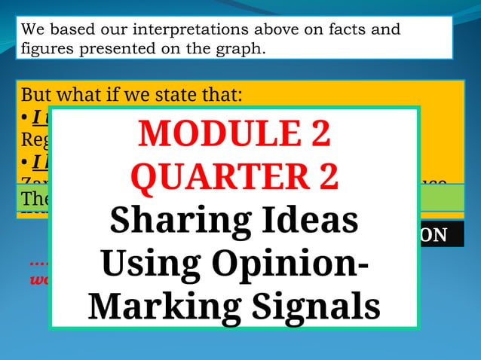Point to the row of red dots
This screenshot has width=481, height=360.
click(x=39, y=264)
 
